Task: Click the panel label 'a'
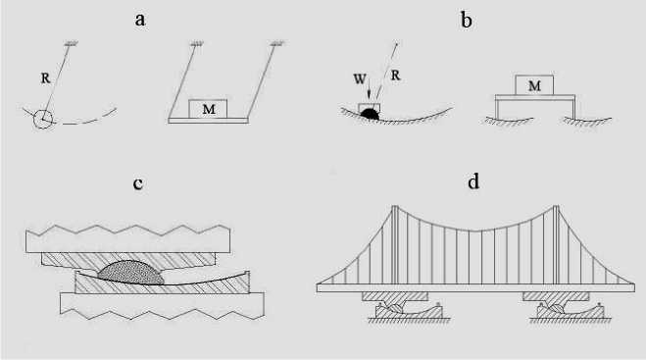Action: (x=140, y=20)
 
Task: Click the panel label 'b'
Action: (x=466, y=20)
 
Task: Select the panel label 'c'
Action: (x=137, y=183)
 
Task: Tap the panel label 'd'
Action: (x=473, y=181)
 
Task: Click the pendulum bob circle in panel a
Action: (x=43, y=120)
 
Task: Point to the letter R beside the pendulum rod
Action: (x=46, y=77)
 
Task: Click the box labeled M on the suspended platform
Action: (x=208, y=109)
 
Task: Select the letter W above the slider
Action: (x=360, y=78)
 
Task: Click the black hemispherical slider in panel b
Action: (x=370, y=114)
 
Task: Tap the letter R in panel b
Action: (x=395, y=76)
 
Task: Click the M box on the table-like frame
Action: (x=534, y=85)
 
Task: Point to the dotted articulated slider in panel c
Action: (x=130, y=273)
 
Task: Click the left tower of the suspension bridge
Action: (x=395, y=244)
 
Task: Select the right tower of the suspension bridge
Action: (x=556, y=244)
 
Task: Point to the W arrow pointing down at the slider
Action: (x=369, y=89)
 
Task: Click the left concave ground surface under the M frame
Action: (x=509, y=121)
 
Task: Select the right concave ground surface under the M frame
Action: (x=587, y=121)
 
